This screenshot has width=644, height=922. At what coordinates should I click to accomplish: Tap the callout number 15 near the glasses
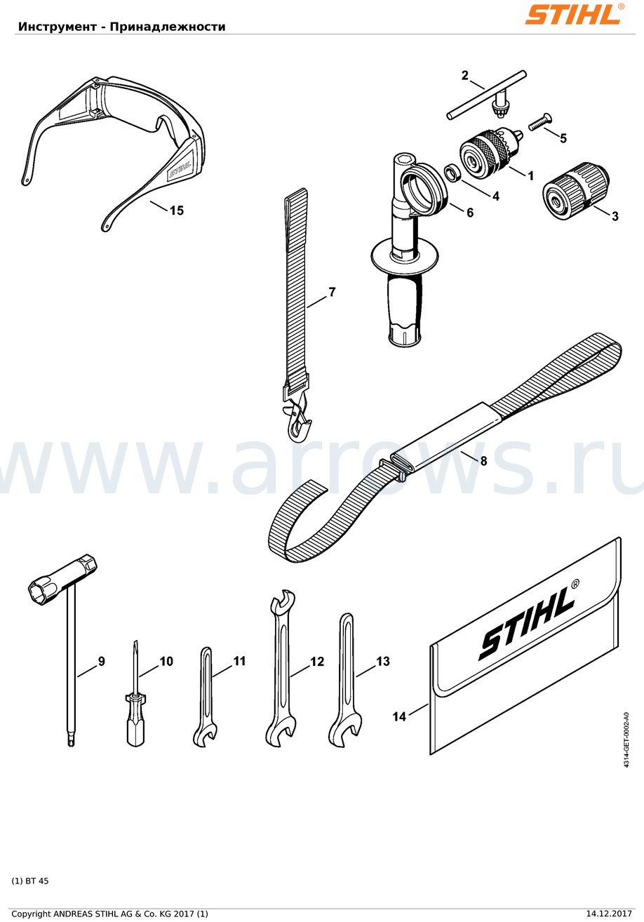tap(177, 211)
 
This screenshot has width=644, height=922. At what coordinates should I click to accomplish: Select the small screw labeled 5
tap(541, 123)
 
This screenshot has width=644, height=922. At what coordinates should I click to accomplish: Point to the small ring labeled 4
tap(452, 173)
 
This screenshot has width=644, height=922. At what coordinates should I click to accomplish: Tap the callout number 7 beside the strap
tap(332, 292)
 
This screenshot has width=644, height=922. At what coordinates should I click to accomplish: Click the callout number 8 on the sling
tap(483, 461)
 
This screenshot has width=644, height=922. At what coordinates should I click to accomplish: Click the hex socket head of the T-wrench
tap(63, 576)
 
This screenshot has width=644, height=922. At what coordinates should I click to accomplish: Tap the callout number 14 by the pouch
tap(399, 716)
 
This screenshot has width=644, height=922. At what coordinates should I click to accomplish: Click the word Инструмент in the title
tap(58, 27)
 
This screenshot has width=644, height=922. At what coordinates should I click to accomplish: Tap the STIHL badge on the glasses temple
tap(180, 169)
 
